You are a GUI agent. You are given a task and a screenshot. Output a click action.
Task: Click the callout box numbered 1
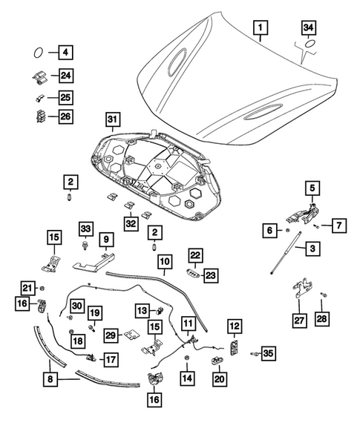pyautogui.click(x=261, y=27)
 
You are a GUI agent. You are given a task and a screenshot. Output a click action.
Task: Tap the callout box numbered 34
pyautogui.click(x=308, y=27)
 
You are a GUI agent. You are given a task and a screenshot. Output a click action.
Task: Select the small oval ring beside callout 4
pyautogui.click(x=38, y=53)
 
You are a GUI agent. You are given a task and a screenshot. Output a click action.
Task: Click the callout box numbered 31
pyautogui.click(x=112, y=119)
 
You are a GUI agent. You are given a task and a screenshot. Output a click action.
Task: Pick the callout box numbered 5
pyautogui.click(x=312, y=188)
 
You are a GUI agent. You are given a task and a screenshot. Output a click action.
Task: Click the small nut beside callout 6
pyautogui.click(x=287, y=230)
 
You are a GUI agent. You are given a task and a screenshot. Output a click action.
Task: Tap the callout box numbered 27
pyautogui.click(x=299, y=320)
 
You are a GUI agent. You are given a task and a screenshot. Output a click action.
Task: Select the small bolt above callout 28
pyautogui.click(x=324, y=295)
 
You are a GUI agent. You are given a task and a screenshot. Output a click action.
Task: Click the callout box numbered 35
pyautogui.click(x=268, y=353)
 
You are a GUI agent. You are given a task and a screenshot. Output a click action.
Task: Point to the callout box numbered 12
pyautogui.click(x=235, y=326)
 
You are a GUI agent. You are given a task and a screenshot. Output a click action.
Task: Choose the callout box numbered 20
pyautogui.click(x=220, y=378)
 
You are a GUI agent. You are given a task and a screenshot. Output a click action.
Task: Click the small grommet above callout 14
pyautogui.click(x=186, y=358)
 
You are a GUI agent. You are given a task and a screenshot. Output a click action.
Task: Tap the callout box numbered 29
pyautogui.click(x=111, y=335)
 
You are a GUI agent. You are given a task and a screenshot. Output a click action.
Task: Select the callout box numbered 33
pyautogui.click(x=85, y=229)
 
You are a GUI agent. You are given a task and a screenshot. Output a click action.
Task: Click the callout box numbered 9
pyautogui.click(x=106, y=239)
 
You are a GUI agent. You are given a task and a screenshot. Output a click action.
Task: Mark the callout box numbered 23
pyautogui.click(x=211, y=276)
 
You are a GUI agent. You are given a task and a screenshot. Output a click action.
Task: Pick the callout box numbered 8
pyautogui.click(x=50, y=379)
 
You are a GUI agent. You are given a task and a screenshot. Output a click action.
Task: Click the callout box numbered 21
pyautogui.click(x=27, y=288)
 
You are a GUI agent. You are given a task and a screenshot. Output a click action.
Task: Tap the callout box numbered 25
pyautogui.click(x=66, y=97)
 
